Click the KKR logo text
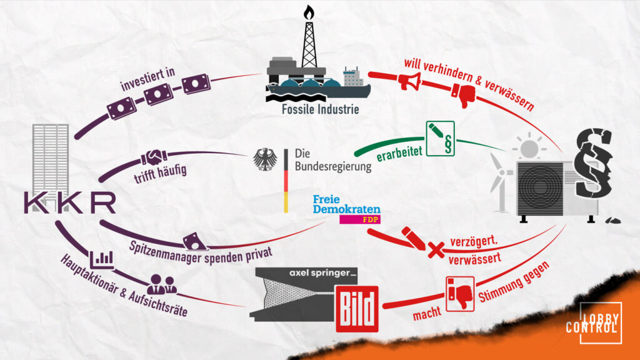[x=69, y=203]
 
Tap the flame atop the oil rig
[x=308, y=12]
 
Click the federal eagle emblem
[x=266, y=159]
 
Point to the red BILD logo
[x=357, y=307]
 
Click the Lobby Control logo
[x=600, y=322]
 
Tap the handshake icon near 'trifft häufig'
[x=154, y=157]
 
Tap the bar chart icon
[x=102, y=258]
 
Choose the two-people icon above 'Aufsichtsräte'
[x=162, y=285]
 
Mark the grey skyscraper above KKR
[x=51, y=156]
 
